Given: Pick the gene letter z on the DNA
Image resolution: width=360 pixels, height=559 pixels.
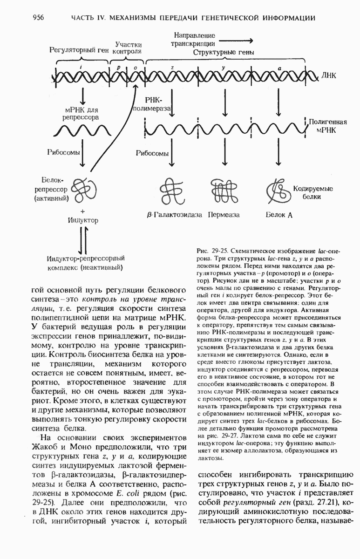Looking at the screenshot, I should [x=172, y=68].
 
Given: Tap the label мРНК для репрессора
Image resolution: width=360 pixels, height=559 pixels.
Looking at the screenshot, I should [x=82, y=114].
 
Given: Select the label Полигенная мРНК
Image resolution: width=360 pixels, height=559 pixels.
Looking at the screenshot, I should [x=328, y=126].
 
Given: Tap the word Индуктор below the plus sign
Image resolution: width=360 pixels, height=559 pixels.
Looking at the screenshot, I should [x=83, y=220].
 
